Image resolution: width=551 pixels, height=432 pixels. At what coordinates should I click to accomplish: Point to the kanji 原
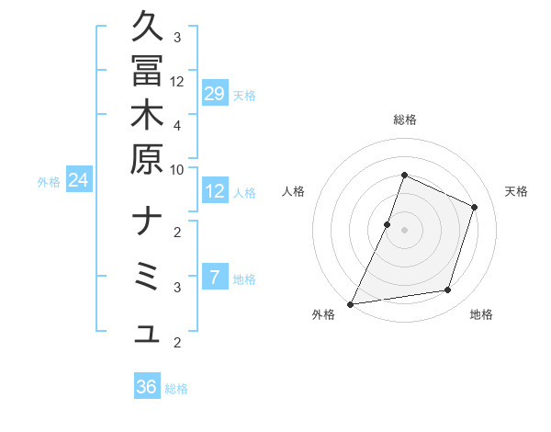(147, 159)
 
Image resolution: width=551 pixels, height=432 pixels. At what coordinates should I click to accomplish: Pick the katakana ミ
(147, 277)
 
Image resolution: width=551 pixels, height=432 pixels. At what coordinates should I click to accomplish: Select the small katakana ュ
(147, 335)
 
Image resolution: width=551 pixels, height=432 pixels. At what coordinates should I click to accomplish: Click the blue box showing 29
(215, 94)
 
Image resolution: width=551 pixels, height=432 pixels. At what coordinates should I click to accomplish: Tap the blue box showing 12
(215, 192)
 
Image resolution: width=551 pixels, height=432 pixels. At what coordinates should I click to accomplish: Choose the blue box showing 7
(215, 276)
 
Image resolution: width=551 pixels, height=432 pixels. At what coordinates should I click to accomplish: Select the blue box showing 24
(79, 181)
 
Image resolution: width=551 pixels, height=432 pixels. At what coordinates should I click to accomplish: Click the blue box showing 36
(147, 387)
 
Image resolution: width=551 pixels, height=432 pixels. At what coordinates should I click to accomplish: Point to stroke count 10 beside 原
(177, 169)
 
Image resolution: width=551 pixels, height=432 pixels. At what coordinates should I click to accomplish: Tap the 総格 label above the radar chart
(405, 119)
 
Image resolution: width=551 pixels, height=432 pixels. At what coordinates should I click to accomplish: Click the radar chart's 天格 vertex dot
(475, 207)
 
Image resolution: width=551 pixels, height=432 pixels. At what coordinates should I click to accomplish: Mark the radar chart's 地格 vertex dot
(448, 290)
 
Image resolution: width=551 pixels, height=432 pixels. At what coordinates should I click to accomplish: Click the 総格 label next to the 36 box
(176, 389)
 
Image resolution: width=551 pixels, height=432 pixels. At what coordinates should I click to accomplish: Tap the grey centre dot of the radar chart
(404, 230)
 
